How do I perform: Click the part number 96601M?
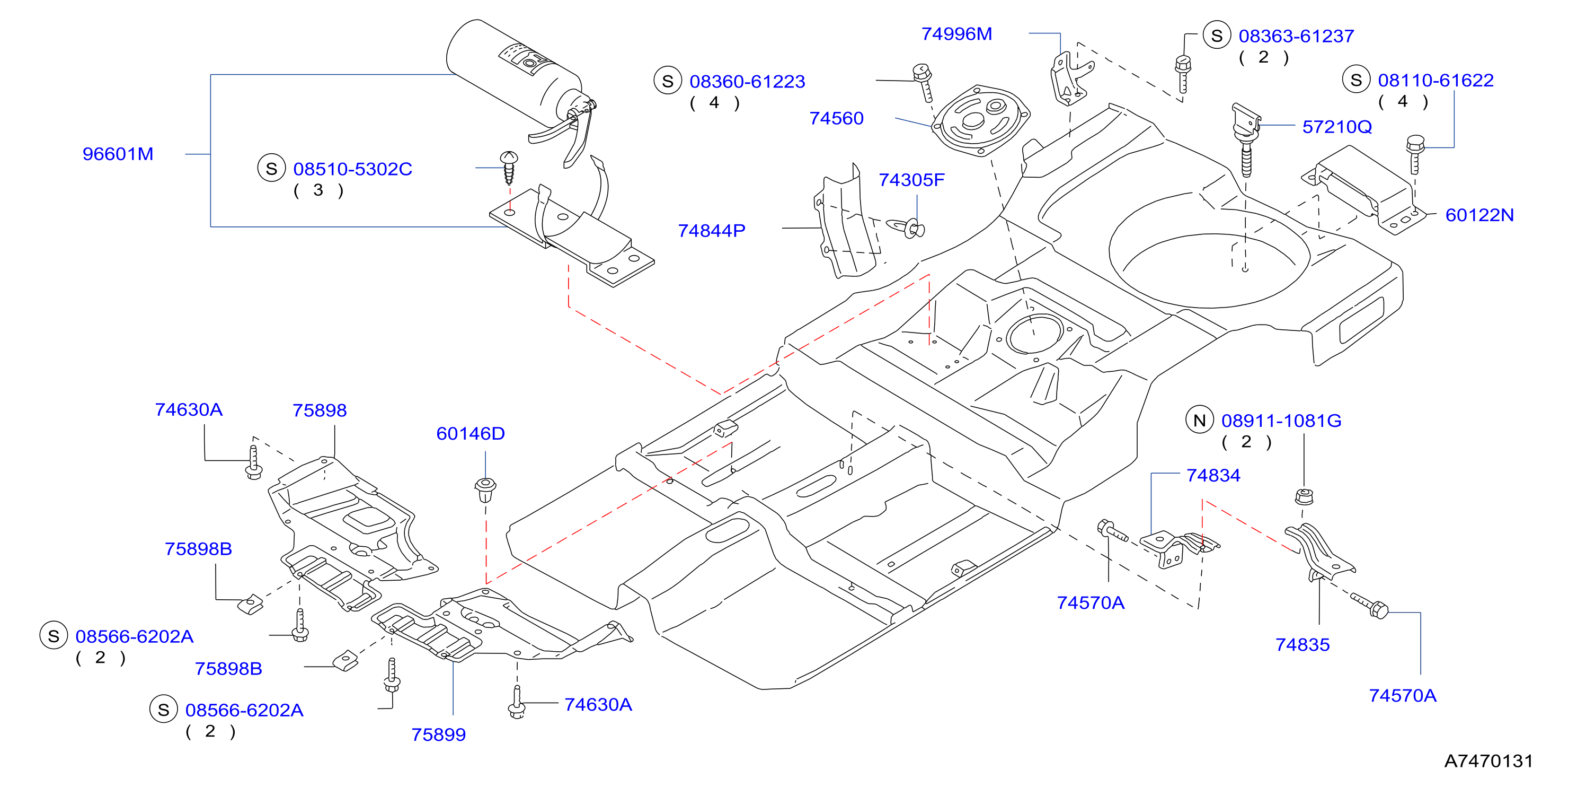(118, 154)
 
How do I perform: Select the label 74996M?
(956, 33)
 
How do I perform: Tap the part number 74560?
(837, 118)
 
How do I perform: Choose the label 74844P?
(712, 231)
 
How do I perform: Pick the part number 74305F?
(911, 180)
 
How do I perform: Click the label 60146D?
(471, 433)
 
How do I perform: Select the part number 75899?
(438, 734)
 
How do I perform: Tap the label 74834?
(1213, 475)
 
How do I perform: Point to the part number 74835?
(1302, 644)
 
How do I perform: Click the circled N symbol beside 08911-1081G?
(1199, 420)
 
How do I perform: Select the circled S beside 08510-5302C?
(271, 169)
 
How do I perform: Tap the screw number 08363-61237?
(1296, 36)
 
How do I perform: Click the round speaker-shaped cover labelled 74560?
(981, 120)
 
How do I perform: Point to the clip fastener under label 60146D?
(485, 489)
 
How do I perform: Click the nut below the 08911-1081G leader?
(1304, 496)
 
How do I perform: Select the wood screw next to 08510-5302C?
(509, 167)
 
